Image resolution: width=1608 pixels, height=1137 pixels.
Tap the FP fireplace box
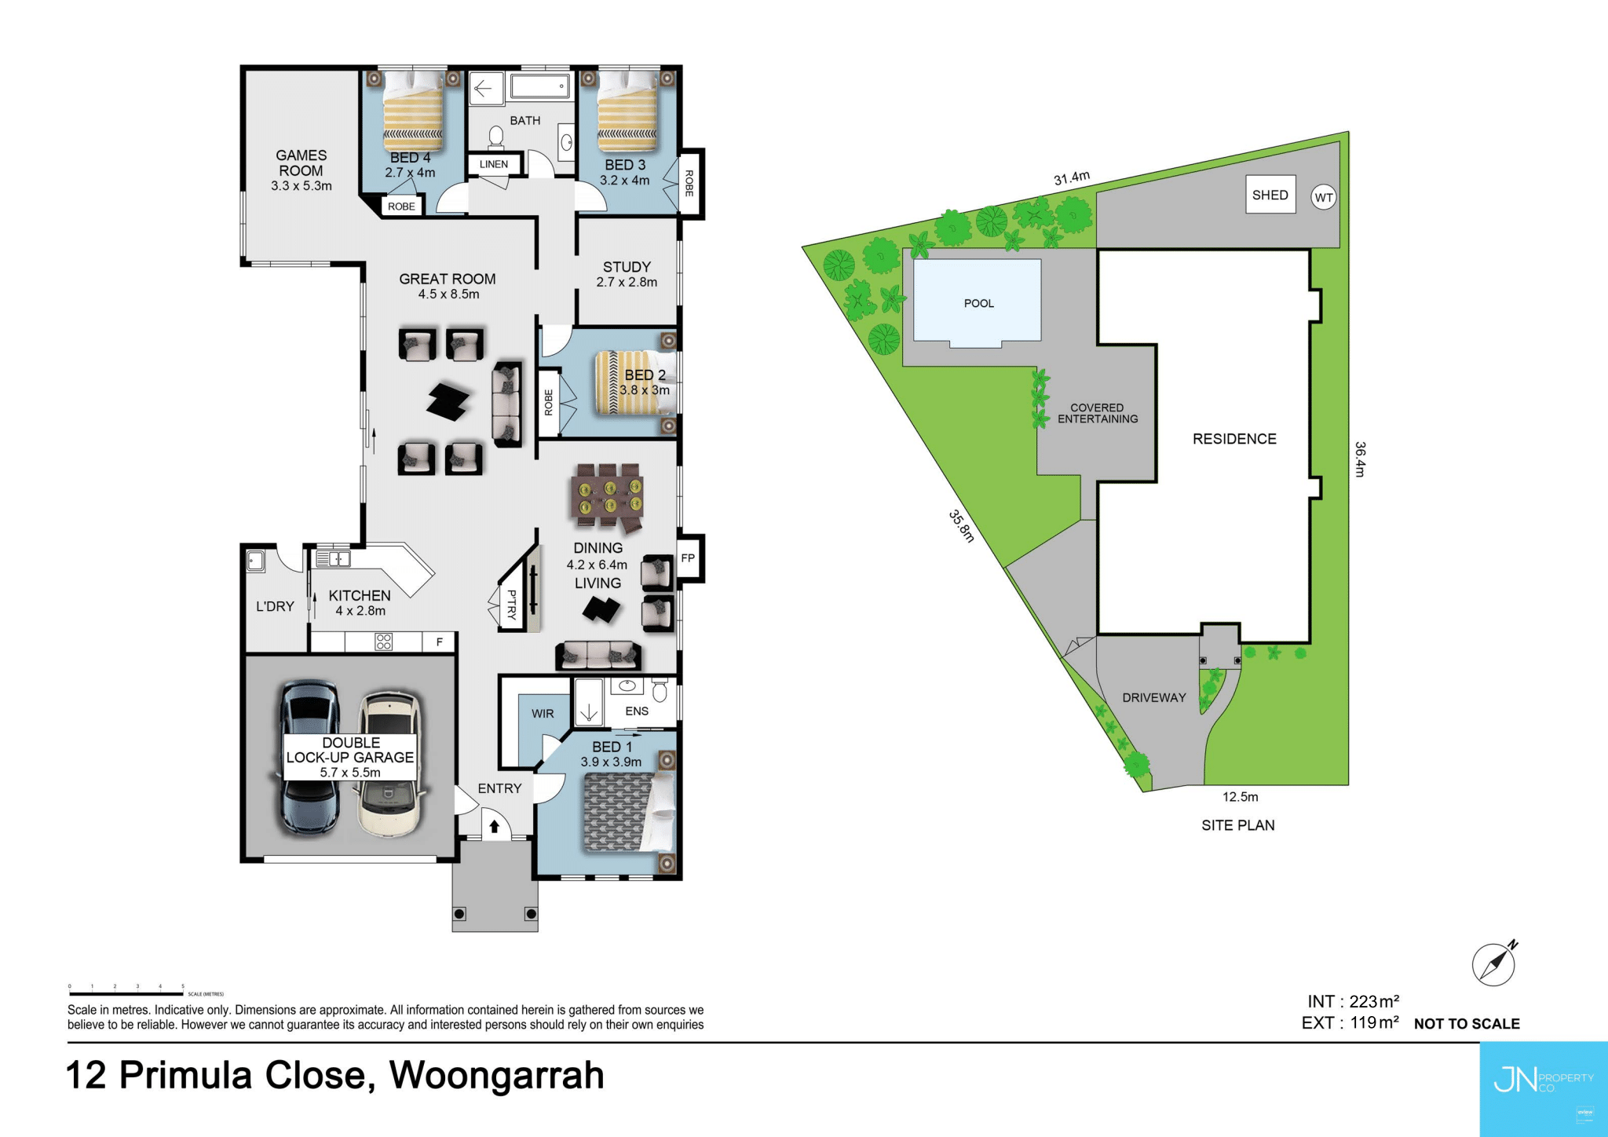click(689, 558)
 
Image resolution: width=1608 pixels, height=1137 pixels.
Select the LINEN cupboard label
click(494, 164)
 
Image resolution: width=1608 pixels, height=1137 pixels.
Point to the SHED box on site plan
click(1270, 195)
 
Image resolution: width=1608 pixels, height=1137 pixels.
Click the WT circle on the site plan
click(1324, 197)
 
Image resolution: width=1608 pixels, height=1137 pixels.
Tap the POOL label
click(978, 303)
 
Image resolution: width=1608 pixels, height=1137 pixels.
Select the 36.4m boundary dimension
click(1361, 459)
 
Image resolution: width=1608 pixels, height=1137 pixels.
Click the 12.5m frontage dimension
click(1240, 797)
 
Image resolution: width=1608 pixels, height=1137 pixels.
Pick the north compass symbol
click(1494, 963)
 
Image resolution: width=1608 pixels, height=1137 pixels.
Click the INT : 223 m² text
click(1353, 1002)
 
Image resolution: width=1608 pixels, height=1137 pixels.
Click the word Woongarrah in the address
click(496, 1076)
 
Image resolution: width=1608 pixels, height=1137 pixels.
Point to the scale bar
click(126, 994)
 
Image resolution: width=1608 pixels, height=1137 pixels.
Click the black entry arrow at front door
click(495, 827)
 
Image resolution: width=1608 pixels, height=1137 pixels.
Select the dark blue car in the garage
click(310, 758)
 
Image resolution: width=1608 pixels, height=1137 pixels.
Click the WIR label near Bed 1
click(543, 714)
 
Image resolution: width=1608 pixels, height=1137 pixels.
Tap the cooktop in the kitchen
click(383, 642)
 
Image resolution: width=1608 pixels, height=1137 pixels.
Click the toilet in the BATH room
click(495, 137)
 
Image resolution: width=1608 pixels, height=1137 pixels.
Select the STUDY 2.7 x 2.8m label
click(627, 274)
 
